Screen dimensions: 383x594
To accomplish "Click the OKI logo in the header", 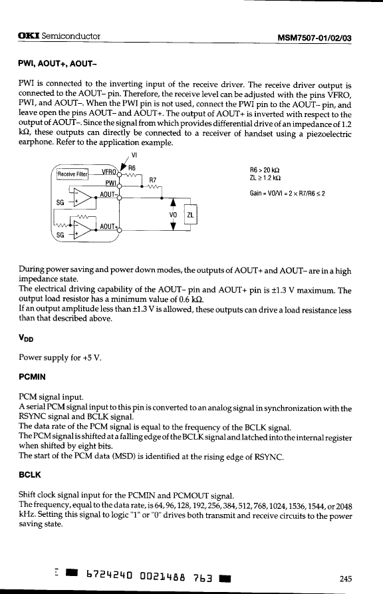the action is pyautogui.click(x=29, y=36).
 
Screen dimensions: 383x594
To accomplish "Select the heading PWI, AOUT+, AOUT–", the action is pyautogui.click(x=58, y=64).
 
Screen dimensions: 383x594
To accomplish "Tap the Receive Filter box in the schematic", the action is pyautogui.click(x=72, y=174).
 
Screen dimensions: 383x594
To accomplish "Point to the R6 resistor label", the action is pyautogui.click(x=132, y=168).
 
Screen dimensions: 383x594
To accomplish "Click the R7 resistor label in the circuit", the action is pyautogui.click(x=153, y=180).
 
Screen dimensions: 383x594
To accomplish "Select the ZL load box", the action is pyautogui.click(x=190, y=215).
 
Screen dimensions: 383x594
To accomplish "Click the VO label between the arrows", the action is pyautogui.click(x=173, y=215).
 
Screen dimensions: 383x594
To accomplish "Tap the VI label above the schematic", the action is pyautogui.click(x=134, y=155).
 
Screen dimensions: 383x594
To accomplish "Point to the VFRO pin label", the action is pyautogui.click(x=109, y=172).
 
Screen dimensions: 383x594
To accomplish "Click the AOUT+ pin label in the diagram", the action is pyautogui.click(x=108, y=226).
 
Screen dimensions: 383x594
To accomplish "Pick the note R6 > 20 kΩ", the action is pyautogui.click(x=265, y=170).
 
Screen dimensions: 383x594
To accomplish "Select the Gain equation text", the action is pyautogui.click(x=287, y=194).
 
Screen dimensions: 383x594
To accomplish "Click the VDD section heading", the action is pyautogui.click(x=26, y=339).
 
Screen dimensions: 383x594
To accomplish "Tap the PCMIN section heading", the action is pyautogui.click(x=32, y=377).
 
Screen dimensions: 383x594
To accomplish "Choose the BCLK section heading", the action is pyautogui.click(x=29, y=475).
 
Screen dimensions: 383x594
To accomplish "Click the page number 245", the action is pyautogui.click(x=346, y=579).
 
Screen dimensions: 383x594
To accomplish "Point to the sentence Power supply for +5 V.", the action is pyautogui.click(x=61, y=358).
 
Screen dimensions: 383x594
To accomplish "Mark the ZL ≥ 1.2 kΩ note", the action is pyautogui.click(x=265, y=178).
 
